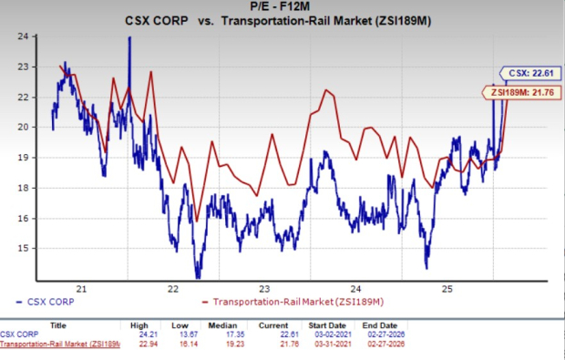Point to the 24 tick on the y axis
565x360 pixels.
[x=26, y=36]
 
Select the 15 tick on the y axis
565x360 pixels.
[x=26, y=248]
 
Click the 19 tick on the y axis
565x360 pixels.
[x=26, y=157]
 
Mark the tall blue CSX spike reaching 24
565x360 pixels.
[x=129, y=38]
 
